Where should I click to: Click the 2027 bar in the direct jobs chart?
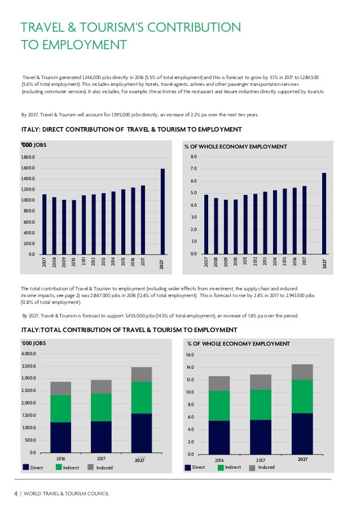(163, 211)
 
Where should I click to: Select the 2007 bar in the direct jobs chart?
(45, 224)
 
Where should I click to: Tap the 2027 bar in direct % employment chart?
(324, 213)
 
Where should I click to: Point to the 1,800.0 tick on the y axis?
(27, 158)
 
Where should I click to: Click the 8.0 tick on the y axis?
(194, 156)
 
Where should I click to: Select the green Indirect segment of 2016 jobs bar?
(61, 408)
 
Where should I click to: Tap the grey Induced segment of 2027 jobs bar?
(141, 374)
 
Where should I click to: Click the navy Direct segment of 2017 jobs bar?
(101, 437)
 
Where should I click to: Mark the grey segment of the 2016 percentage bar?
(219, 383)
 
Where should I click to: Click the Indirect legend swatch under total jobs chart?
(59, 468)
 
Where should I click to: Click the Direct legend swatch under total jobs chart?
(25, 468)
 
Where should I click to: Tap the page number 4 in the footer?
(16, 494)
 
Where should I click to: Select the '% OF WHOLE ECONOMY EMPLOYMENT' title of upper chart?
(236, 147)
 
